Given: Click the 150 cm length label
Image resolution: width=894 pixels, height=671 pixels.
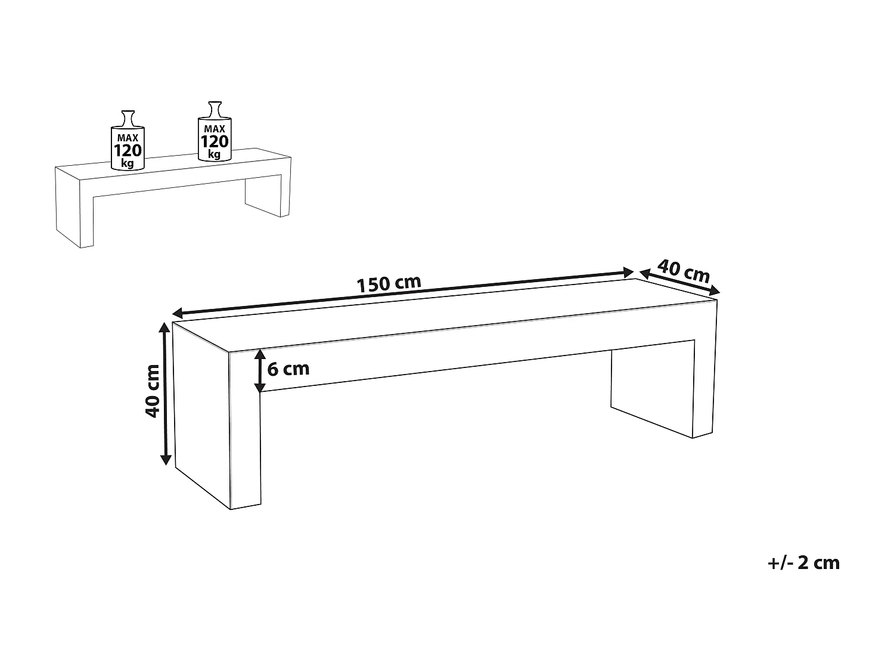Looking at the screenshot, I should coord(389,283).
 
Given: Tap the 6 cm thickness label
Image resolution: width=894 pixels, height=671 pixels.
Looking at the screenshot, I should coord(288,369).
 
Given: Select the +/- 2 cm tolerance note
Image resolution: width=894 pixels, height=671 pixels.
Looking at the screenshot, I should coord(804,562).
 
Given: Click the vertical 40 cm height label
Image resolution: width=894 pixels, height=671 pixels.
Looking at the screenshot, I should coord(153,391).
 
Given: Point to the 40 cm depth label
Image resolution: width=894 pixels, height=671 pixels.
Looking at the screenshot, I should coord(683,271).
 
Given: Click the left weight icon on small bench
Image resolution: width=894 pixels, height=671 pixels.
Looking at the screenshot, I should coord(127,142).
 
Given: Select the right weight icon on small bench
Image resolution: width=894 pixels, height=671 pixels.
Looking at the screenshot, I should coord(214,133).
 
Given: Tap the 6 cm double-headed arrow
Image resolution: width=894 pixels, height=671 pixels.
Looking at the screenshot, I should coord(260,370).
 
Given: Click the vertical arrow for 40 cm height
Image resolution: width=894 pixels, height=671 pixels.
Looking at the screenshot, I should coord(166,394).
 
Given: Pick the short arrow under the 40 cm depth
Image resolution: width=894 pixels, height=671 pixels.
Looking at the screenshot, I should coord(678,282).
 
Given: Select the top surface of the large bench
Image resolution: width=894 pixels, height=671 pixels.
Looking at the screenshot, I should coord(444,316).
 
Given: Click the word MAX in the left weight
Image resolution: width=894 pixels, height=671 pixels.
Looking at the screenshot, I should coord(127,138).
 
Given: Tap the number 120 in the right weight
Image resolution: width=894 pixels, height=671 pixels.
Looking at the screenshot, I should coord(214,141).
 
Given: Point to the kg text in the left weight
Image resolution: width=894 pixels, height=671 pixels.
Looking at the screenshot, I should coord(127,163).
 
